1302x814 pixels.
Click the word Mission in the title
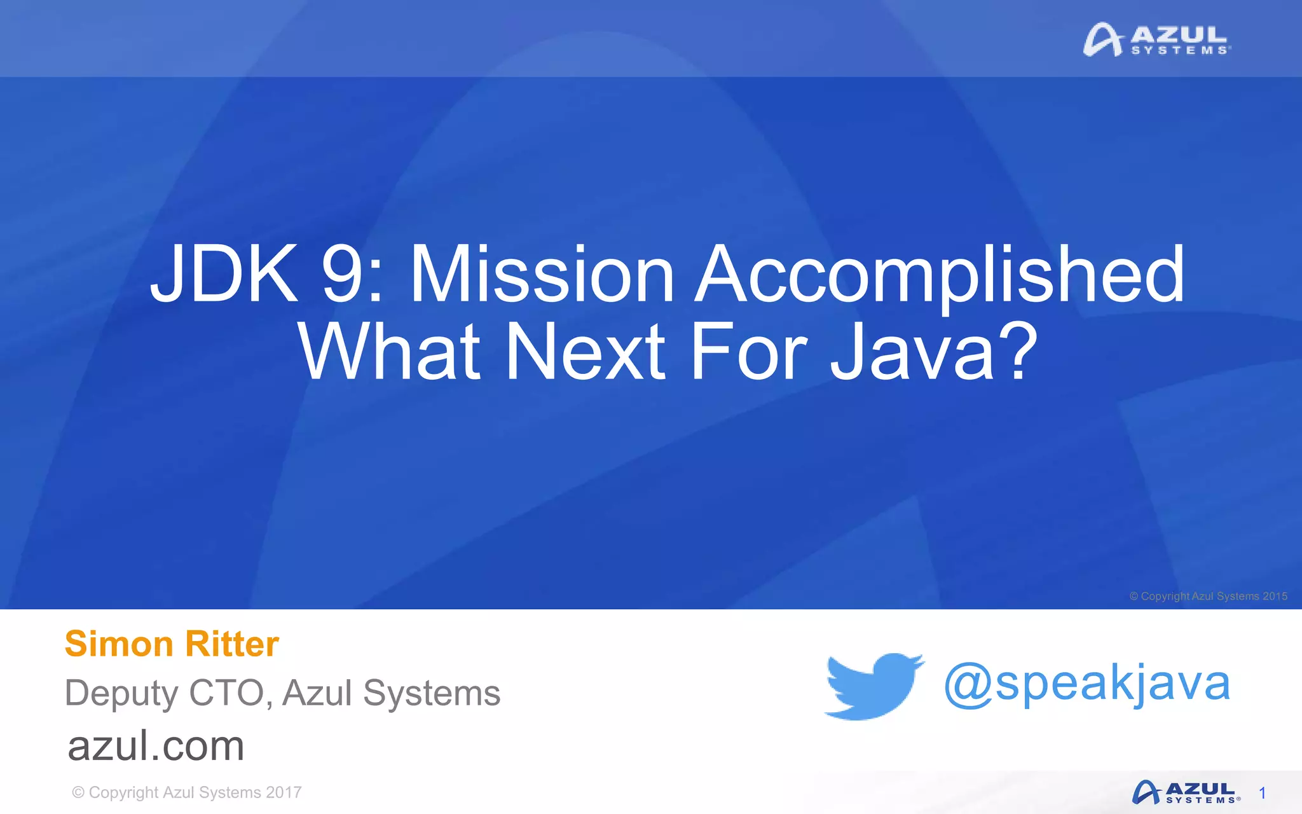(x=542, y=275)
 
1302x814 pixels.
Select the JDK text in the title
(x=224, y=275)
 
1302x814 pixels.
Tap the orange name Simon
(x=118, y=644)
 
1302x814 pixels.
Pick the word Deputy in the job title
(x=121, y=693)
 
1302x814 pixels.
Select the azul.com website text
(x=156, y=746)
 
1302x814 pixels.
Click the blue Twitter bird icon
(x=874, y=686)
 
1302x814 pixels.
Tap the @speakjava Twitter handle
(x=1087, y=684)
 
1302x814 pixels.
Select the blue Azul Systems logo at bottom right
(x=1186, y=793)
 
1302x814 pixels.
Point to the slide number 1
(x=1263, y=793)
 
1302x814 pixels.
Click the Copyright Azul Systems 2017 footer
(x=187, y=792)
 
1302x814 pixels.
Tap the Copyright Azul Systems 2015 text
(x=1208, y=597)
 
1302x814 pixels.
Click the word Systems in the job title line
(x=432, y=693)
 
